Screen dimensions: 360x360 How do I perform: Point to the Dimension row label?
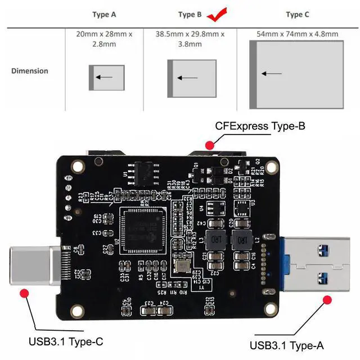(30, 71)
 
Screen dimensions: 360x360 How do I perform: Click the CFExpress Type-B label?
(260, 126)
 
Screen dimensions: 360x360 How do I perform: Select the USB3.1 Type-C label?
(66, 341)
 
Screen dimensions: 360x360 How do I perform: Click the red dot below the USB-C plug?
(24, 292)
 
